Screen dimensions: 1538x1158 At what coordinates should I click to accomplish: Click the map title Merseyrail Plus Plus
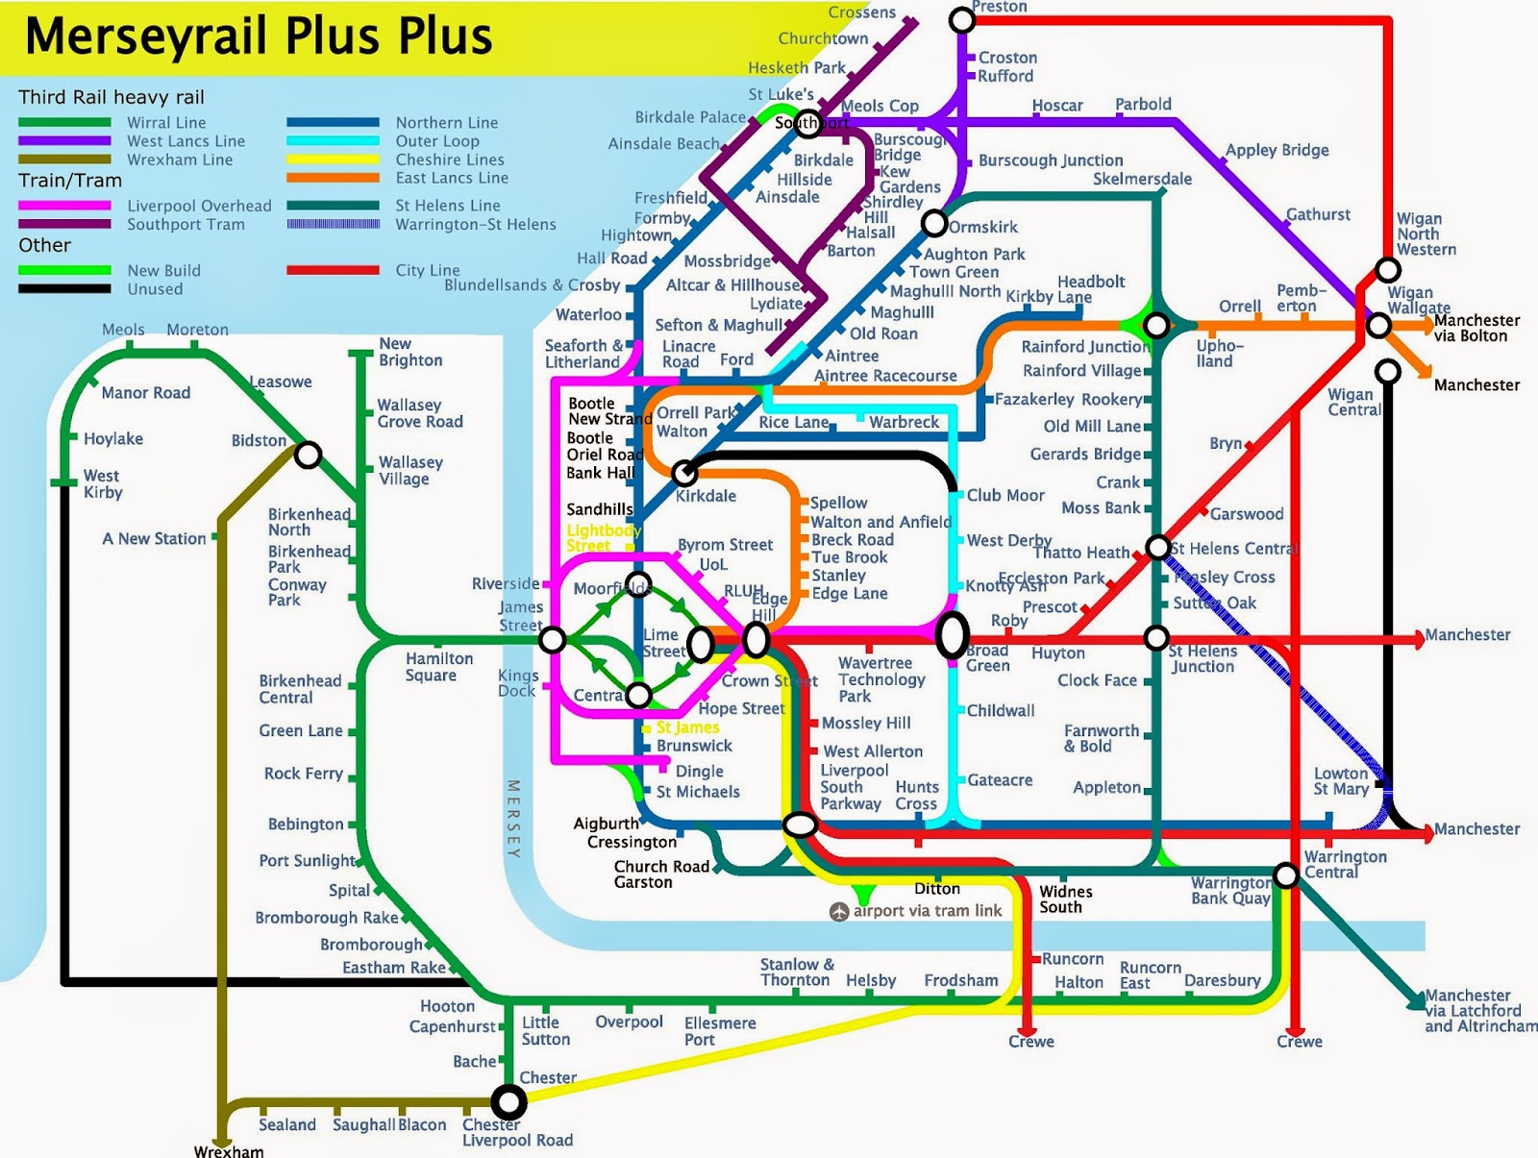tap(258, 37)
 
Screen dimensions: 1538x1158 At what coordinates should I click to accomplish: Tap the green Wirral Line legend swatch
tap(64, 123)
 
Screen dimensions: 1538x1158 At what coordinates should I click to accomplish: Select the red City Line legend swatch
tap(333, 270)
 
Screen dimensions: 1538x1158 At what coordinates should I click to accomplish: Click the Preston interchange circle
tap(961, 19)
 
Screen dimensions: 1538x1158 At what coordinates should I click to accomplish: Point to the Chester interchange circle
tap(509, 1101)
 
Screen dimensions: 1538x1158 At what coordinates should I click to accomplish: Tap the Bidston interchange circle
tap(308, 454)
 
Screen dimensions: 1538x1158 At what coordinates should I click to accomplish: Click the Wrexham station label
tap(229, 1150)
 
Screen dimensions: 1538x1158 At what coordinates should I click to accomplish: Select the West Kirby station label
tap(102, 484)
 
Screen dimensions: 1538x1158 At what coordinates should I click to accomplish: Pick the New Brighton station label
tap(410, 352)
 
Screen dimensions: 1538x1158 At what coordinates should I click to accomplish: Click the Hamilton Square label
tap(439, 667)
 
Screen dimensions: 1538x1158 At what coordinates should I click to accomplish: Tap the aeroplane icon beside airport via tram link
tap(839, 911)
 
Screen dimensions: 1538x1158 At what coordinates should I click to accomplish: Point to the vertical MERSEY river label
tap(513, 819)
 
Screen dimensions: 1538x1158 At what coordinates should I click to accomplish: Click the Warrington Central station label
tap(1345, 864)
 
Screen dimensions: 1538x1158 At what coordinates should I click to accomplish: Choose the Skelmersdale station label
tap(1142, 179)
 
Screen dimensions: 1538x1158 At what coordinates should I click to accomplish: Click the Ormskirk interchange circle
tap(934, 224)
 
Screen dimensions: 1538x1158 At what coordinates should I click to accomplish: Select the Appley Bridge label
tap(1277, 150)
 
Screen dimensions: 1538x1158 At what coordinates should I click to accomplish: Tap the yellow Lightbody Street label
tap(603, 538)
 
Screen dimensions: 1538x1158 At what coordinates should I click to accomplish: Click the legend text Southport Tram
tap(186, 224)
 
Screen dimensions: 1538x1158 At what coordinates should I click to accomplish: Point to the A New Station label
tap(154, 539)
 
